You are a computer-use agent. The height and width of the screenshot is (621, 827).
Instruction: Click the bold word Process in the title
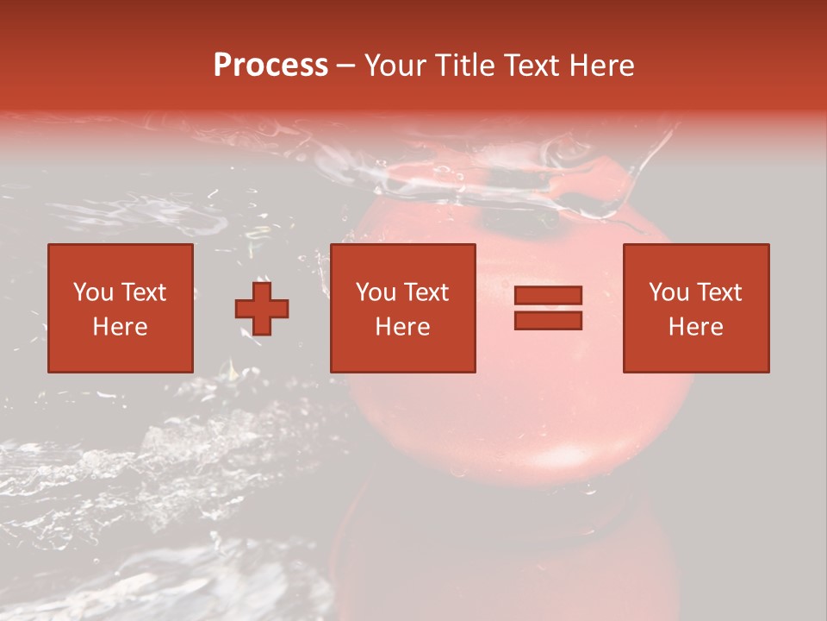(x=270, y=66)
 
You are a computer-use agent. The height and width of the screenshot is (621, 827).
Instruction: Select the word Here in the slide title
(x=600, y=66)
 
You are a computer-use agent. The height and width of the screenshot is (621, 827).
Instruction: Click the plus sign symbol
(x=262, y=308)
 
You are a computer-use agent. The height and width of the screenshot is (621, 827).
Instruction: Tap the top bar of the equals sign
(x=548, y=295)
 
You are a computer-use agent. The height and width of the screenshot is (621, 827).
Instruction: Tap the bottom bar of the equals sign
(x=548, y=321)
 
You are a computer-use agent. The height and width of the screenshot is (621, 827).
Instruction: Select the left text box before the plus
(x=121, y=308)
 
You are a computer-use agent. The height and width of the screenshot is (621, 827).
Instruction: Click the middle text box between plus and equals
(x=403, y=308)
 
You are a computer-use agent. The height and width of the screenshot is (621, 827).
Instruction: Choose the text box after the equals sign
(x=696, y=308)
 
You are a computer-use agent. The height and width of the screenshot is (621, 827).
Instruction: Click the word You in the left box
(x=93, y=292)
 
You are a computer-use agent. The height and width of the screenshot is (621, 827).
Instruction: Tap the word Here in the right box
(x=696, y=327)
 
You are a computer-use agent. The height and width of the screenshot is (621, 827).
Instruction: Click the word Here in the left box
(x=121, y=327)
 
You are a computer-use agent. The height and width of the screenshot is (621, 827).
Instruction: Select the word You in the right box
(x=668, y=292)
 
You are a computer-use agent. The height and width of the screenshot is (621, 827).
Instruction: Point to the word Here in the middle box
(x=403, y=327)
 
